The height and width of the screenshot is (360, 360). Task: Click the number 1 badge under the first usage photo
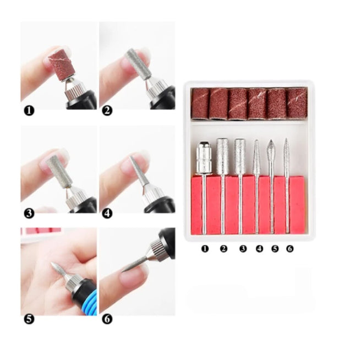[x=29, y=111]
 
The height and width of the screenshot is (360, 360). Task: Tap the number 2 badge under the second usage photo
[x=107, y=111]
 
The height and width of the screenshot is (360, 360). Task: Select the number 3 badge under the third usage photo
[x=29, y=214]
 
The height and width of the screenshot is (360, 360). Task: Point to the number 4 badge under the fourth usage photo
[x=107, y=214]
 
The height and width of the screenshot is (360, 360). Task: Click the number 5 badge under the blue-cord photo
[x=29, y=319]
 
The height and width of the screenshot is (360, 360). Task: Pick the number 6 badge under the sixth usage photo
[x=107, y=319]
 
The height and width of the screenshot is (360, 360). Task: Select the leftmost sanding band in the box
[x=200, y=103]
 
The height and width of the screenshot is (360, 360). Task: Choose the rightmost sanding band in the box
[x=297, y=103]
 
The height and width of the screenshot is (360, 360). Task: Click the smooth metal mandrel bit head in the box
[x=204, y=157]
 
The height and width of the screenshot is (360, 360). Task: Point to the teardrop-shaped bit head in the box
[x=271, y=150]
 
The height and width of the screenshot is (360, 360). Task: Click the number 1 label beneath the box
[x=205, y=248]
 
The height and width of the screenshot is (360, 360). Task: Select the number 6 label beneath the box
[x=290, y=248]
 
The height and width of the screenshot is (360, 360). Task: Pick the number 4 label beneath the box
[x=259, y=248]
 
